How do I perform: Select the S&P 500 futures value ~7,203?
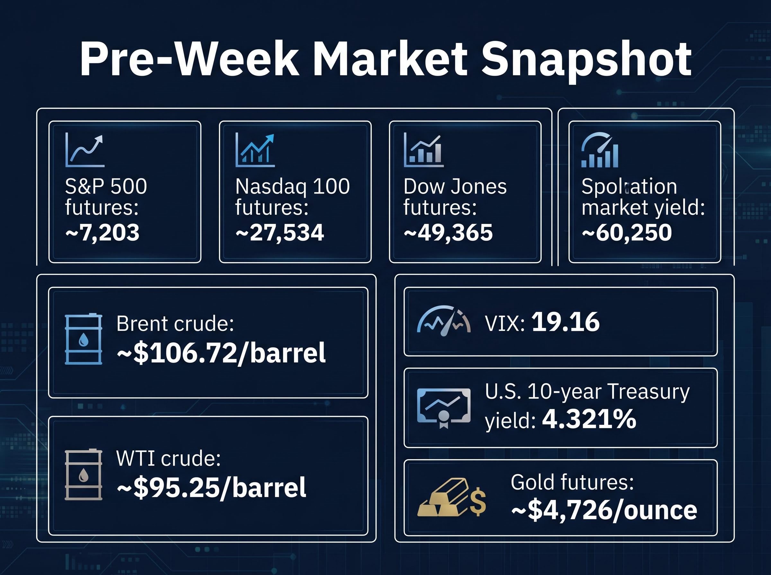(x=102, y=233)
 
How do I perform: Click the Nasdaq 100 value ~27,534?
(x=280, y=233)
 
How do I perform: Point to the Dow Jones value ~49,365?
(x=448, y=233)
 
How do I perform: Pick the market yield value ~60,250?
(x=627, y=233)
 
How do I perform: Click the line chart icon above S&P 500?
(x=85, y=150)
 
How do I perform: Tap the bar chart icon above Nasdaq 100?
(x=255, y=150)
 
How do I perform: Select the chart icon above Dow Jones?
(x=423, y=150)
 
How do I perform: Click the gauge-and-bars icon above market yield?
(x=599, y=150)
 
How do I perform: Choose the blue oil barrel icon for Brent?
(x=84, y=339)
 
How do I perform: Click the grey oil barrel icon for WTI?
(x=84, y=475)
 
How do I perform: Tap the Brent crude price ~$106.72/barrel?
(x=221, y=353)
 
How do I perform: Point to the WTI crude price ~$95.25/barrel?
(x=211, y=487)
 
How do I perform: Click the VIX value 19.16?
(x=565, y=322)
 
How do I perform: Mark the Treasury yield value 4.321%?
(x=589, y=419)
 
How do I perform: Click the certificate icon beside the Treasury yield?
(x=444, y=408)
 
